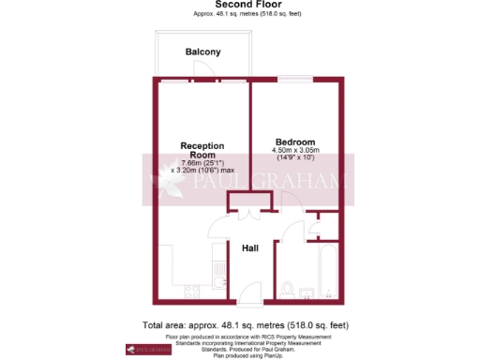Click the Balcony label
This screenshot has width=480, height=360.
(x=202, y=52)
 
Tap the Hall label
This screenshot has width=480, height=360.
(x=250, y=248)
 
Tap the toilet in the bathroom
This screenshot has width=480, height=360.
(x=289, y=288)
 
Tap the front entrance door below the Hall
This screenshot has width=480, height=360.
(x=250, y=306)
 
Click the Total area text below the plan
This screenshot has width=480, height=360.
(x=246, y=324)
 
